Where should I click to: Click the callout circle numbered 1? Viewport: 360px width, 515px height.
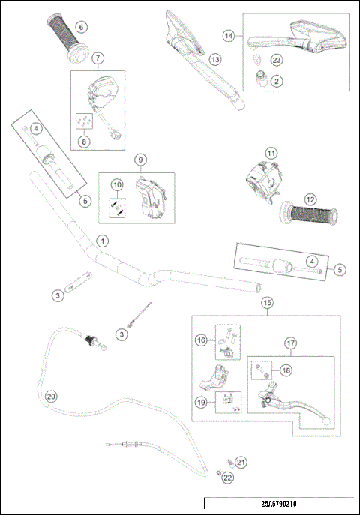click(102, 241)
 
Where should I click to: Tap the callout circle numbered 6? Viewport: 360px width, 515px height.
click(82, 27)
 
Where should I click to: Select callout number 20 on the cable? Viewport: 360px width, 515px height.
click(51, 397)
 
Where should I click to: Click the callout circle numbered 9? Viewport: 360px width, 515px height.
click(138, 160)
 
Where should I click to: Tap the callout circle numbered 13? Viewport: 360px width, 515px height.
click(215, 59)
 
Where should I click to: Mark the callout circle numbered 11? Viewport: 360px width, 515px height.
click(271, 153)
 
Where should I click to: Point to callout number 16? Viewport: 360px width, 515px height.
click(202, 340)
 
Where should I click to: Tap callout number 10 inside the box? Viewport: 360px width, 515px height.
click(117, 184)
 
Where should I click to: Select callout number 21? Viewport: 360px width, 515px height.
click(241, 461)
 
